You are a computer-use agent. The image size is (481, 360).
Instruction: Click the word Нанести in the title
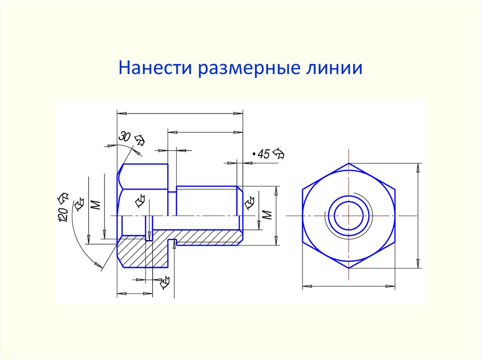coord(156,68)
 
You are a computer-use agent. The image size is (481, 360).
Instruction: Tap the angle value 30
coord(124,137)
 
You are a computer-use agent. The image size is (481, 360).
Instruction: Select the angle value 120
coord(64,214)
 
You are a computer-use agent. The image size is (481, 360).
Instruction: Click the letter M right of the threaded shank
coord(267,215)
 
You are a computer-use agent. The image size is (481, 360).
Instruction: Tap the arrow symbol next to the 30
coord(140,139)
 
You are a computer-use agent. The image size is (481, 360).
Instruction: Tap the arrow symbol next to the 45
coord(279,153)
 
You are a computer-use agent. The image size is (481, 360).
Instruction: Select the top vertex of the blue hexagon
coord(349,164)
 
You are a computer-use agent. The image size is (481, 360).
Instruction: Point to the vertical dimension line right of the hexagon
coord(418,216)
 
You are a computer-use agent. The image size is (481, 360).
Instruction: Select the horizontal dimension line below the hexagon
coord(349,285)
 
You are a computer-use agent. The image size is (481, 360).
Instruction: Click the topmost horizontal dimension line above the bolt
coord(180,113)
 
